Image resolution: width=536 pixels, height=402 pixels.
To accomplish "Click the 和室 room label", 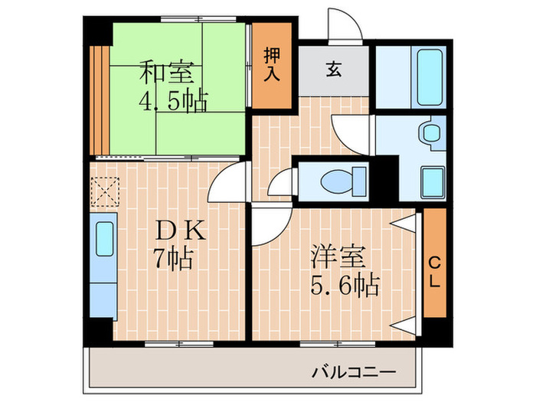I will point(171,74).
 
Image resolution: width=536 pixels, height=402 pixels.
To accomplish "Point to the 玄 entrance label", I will point(334,70).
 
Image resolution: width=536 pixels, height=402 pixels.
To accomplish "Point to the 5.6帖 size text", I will point(345,286).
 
